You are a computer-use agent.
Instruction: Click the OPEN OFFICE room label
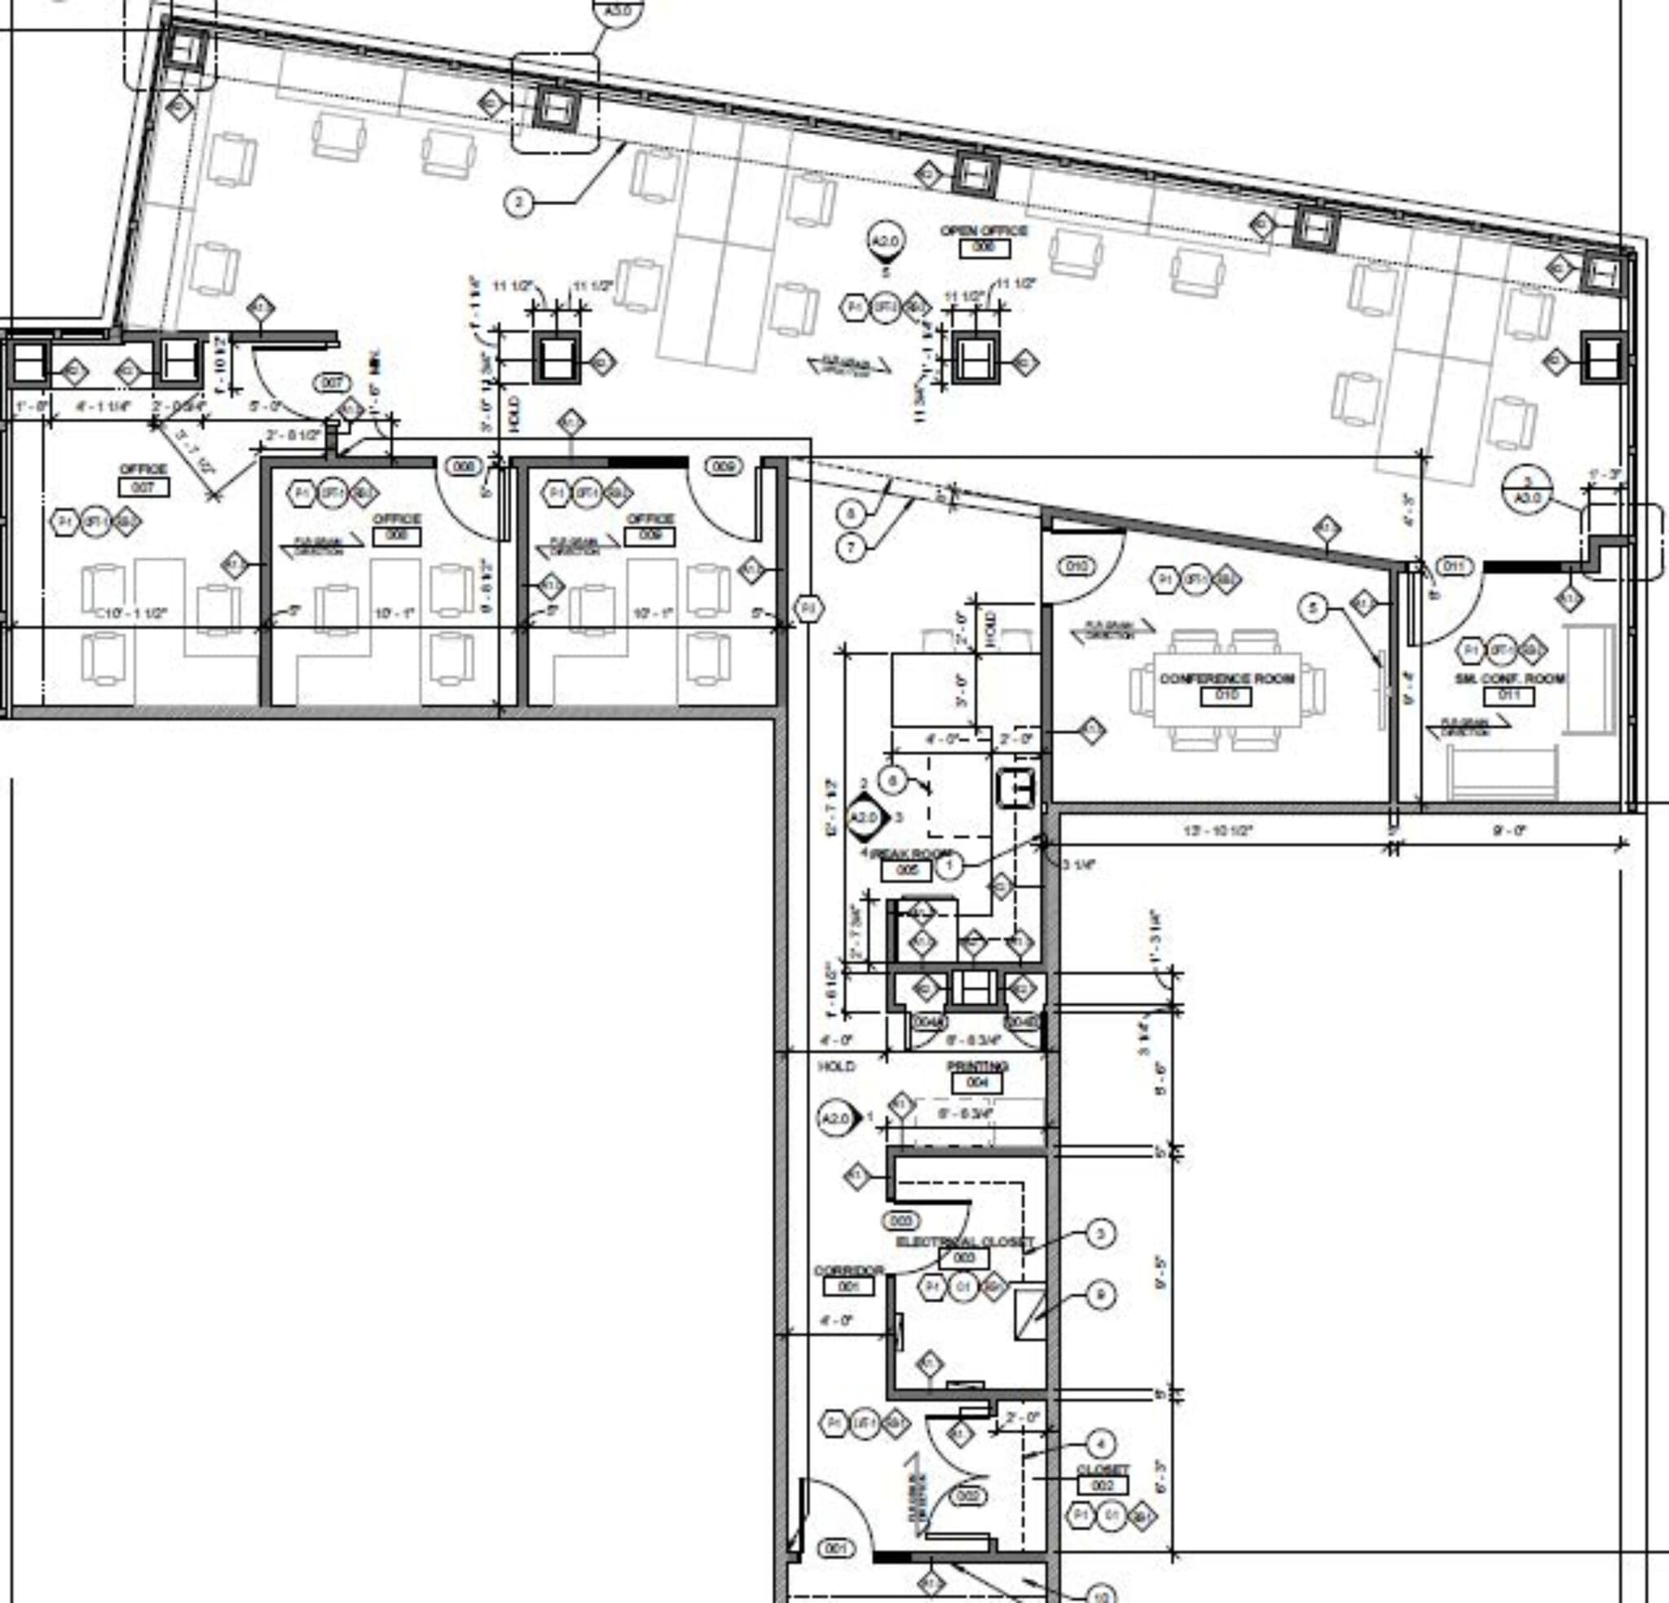pos(984,231)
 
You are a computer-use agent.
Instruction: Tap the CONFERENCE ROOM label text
pos(1226,678)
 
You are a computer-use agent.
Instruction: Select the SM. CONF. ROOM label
pos(1509,679)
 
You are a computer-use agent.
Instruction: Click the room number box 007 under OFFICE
pos(144,487)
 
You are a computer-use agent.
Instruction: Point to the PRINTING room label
pos(976,1066)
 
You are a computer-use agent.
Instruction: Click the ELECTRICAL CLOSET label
pos(965,1242)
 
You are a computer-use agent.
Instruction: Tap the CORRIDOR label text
pos(848,1270)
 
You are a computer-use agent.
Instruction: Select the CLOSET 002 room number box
pos(1103,1486)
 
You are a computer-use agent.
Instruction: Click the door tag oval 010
pos(1077,566)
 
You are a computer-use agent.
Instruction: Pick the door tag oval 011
pos(1454,566)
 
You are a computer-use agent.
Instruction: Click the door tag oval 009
pos(724,467)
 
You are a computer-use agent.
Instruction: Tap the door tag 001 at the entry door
pos(835,1548)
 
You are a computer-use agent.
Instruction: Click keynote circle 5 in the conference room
pos(1313,608)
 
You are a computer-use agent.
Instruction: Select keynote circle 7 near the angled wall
pos(851,548)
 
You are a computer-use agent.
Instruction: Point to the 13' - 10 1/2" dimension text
pos(1218,830)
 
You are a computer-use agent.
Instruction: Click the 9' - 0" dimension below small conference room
pos(1509,830)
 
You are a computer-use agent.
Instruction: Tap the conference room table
pos(1226,690)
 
